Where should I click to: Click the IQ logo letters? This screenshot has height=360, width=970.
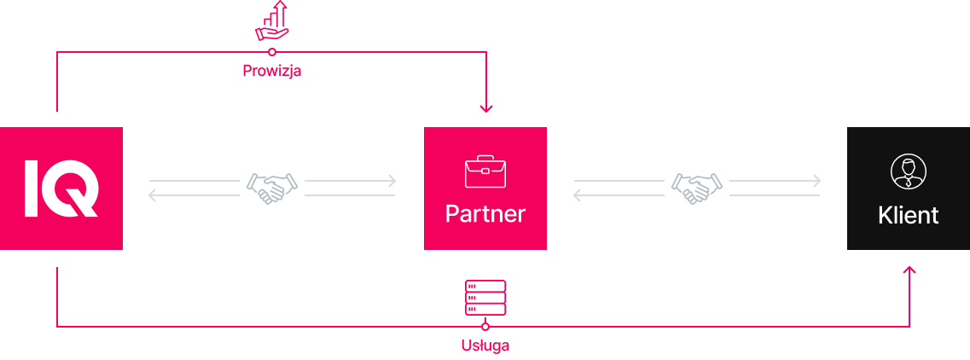(x=61, y=188)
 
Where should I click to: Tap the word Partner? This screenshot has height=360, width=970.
(x=485, y=213)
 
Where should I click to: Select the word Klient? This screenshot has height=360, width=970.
(x=908, y=215)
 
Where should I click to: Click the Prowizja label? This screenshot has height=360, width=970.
(x=272, y=72)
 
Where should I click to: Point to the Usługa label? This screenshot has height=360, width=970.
(x=485, y=345)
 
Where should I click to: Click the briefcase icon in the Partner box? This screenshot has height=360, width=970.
(x=485, y=171)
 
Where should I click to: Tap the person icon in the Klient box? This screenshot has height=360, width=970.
(x=908, y=171)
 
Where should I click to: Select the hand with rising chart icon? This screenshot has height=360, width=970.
(x=272, y=21)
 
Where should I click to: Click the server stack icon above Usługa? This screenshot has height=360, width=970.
(x=485, y=298)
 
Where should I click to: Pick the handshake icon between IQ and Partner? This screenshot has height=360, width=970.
(x=272, y=188)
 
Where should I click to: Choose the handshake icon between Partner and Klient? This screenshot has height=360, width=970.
(x=697, y=188)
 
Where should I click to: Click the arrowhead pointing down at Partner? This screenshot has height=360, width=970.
(x=485, y=107)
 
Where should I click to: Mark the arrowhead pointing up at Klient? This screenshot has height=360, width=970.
(x=909, y=271)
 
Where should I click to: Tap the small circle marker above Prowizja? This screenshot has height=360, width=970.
(x=272, y=52)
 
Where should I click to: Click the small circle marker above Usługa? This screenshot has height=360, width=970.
(x=485, y=326)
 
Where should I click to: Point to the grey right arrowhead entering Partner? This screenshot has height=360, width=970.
(x=392, y=181)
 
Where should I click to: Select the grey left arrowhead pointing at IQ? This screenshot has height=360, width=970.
(x=153, y=196)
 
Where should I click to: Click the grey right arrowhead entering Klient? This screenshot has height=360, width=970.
(x=816, y=181)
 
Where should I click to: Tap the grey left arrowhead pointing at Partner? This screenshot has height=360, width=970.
(x=578, y=196)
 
